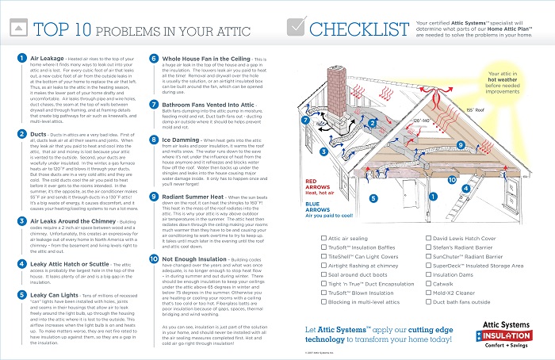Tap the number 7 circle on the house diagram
pos(304,121)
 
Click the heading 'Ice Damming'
pos(181,140)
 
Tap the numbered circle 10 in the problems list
pos(153,260)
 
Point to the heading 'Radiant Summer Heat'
pos(194,195)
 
